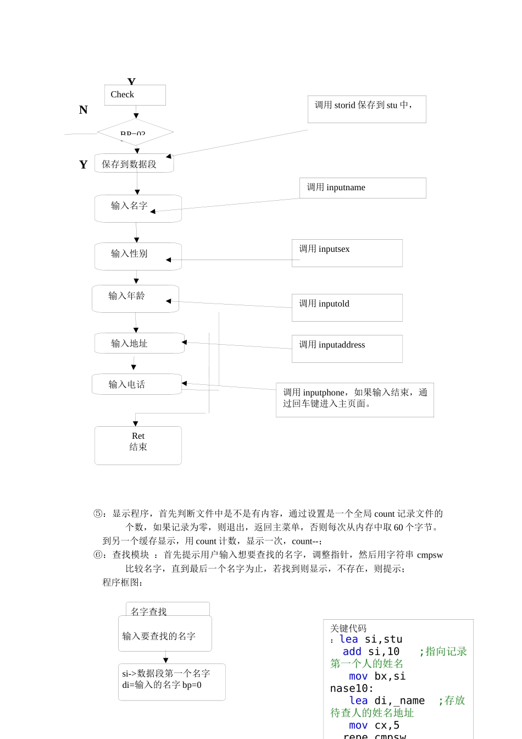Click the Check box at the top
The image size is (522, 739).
(x=135, y=95)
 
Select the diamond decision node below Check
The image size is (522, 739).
(x=135, y=132)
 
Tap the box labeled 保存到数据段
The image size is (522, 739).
(x=134, y=164)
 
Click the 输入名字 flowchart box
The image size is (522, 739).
(x=138, y=208)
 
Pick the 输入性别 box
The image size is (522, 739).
(x=138, y=256)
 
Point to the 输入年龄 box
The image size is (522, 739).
(x=135, y=299)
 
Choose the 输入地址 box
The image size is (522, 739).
(x=139, y=343)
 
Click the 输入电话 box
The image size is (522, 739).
(x=136, y=384)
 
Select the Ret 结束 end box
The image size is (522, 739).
(x=138, y=445)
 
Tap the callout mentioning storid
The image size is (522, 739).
(x=366, y=109)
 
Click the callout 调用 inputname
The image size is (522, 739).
(x=363, y=187)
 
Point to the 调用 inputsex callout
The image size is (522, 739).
(x=347, y=253)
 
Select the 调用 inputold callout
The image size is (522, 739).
(x=347, y=307)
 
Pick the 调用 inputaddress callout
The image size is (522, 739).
(x=347, y=349)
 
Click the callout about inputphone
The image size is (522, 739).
(x=354, y=400)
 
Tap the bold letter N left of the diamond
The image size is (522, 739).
(x=84, y=110)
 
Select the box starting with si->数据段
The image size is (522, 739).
(x=171, y=682)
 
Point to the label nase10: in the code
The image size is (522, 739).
(x=352, y=688)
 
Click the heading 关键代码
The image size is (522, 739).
(x=348, y=628)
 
